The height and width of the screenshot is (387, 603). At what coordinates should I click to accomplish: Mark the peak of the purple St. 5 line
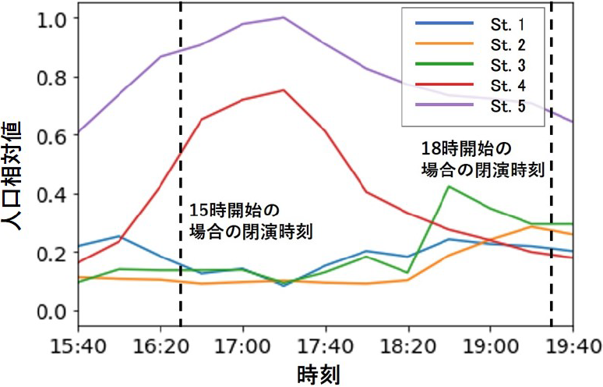pos(284,17)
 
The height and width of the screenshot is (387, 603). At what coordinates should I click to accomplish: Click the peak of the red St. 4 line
pos(284,90)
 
